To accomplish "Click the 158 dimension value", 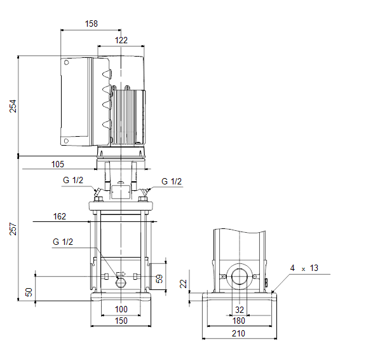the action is pos(91,24).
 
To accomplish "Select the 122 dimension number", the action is pos(121,40).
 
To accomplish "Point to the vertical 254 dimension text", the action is pos(13,106).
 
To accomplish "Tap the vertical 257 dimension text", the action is pos(13,229).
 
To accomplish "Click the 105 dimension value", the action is pos(57,164).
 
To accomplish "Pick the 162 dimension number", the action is pos(60,216).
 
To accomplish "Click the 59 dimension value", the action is pos(159,279).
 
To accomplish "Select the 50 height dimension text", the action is pos(29,292).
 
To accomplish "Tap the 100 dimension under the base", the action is pos(121,309).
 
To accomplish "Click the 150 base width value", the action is pos(121,321).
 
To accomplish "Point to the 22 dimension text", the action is pos(184,284).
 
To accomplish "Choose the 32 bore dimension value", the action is pos(240,310).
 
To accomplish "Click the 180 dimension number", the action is pos(238,321).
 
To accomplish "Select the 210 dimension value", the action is pos(238,333).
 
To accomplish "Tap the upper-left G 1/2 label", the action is pos(73,180).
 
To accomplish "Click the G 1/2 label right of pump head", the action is pos(172,181).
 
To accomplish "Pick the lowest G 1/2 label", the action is pos(63,242).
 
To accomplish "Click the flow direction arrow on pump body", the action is pos(121,273).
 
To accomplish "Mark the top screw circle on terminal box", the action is pos(66,62).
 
